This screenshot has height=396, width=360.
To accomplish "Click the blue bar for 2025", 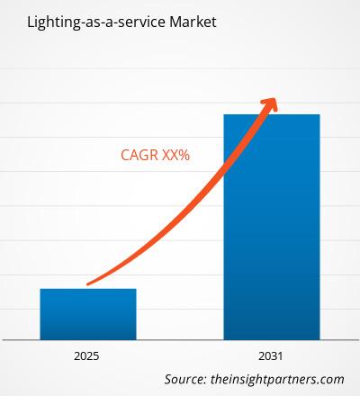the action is pyautogui.click(x=88, y=314).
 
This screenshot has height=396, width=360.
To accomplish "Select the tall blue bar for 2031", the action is pyautogui.click(x=272, y=227).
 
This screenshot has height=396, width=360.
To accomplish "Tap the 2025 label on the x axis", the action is pyautogui.click(x=86, y=356).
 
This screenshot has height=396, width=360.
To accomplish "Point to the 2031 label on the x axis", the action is pyautogui.click(x=271, y=356).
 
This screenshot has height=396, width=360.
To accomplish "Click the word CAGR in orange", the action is pyautogui.click(x=139, y=155).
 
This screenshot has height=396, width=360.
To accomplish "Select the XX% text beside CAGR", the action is pyautogui.click(x=176, y=155).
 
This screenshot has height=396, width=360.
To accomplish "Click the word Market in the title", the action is pyautogui.click(x=193, y=22).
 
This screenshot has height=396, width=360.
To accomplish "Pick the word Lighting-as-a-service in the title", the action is pyautogui.click(x=96, y=22).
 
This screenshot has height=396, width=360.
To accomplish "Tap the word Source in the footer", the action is pyautogui.click(x=184, y=379).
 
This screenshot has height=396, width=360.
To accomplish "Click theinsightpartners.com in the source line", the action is pyautogui.click(x=277, y=380).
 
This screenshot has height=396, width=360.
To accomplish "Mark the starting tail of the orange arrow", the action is pyautogui.click(x=87, y=284).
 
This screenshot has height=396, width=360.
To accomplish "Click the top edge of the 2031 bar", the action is pyautogui.click(x=272, y=114).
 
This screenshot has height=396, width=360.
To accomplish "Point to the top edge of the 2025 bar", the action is pyautogui.click(x=88, y=289).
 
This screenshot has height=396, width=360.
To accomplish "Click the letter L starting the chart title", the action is pyautogui.click(x=31, y=22).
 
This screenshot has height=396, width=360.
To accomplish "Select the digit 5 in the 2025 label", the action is pyautogui.click(x=96, y=356).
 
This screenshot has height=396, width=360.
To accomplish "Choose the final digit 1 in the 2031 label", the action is pyautogui.click(x=280, y=356).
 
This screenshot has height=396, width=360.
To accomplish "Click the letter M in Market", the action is pyautogui.click(x=175, y=22).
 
